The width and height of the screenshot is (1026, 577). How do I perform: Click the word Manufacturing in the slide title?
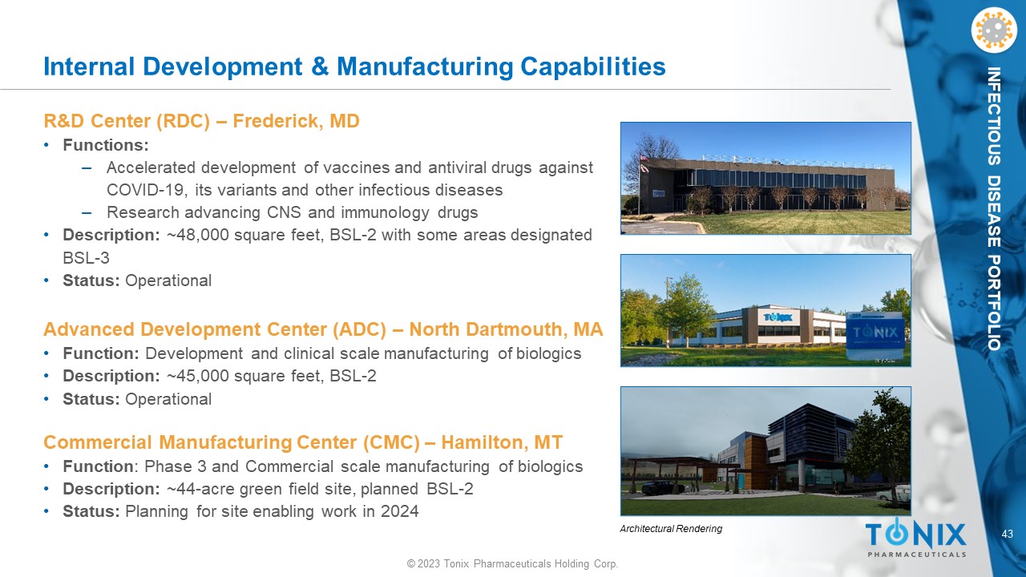(x=425, y=67)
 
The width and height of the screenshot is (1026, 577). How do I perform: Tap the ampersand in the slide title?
(x=320, y=67)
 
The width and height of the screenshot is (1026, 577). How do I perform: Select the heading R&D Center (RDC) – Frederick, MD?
(x=201, y=121)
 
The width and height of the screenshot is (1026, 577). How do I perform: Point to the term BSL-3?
(x=86, y=258)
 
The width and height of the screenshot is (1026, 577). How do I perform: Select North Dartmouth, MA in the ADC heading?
(x=506, y=329)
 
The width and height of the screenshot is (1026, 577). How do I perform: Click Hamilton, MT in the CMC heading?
(x=502, y=443)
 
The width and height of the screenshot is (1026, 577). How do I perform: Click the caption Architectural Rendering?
(x=671, y=529)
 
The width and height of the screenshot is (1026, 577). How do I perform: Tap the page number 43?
(x=1008, y=534)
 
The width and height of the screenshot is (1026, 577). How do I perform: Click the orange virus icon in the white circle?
(x=993, y=30)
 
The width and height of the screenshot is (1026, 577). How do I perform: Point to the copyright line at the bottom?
(x=512, y=563)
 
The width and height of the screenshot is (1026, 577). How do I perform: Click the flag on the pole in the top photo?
(x=644, y=159)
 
